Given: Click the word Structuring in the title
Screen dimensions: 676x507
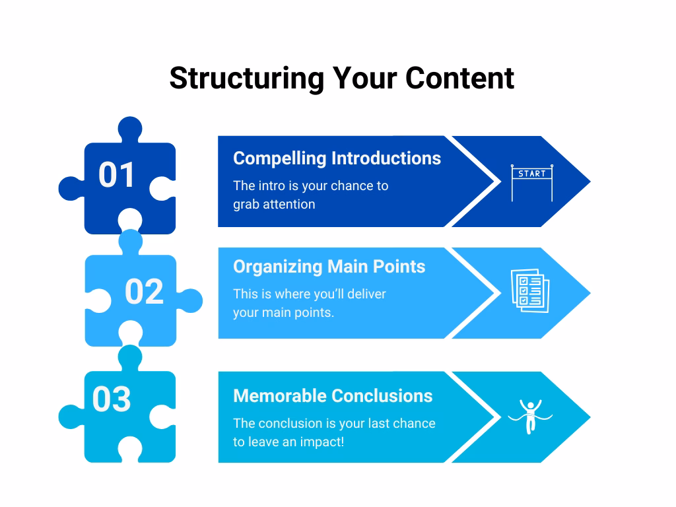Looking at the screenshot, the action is [x=247, y=79].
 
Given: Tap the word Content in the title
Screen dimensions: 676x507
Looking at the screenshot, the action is [x=459, y=79].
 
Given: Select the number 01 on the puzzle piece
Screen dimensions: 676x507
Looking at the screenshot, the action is [x=116, y=175].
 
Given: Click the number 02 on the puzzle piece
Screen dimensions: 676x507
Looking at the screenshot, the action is [x=144, y=291].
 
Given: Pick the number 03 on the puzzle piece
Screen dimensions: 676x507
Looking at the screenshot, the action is [x=112, y=399].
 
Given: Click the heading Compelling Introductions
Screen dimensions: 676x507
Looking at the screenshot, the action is [x=337, y=158].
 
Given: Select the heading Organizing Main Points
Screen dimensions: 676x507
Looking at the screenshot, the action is [x=329, y=267].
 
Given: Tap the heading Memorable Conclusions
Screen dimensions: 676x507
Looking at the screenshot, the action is [x=333, y=396].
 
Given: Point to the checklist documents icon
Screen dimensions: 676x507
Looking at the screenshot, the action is [x=530, y=290].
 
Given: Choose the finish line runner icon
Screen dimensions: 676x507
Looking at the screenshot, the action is [x=530, y=417].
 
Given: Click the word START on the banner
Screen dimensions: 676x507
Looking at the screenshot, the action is [x=532, y=174].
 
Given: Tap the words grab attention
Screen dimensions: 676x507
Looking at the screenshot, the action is [x=274, y=205].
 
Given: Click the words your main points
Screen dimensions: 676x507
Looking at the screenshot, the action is [x=283, y=312].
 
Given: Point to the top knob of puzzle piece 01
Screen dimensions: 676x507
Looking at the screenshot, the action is [x=130, y=128].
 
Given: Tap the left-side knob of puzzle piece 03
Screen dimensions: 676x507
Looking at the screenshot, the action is [x=71, y=417].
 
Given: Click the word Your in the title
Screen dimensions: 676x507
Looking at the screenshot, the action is [x=364, y=79].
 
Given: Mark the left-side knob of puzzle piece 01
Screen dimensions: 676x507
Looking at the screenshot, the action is [x=71, y=188].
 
